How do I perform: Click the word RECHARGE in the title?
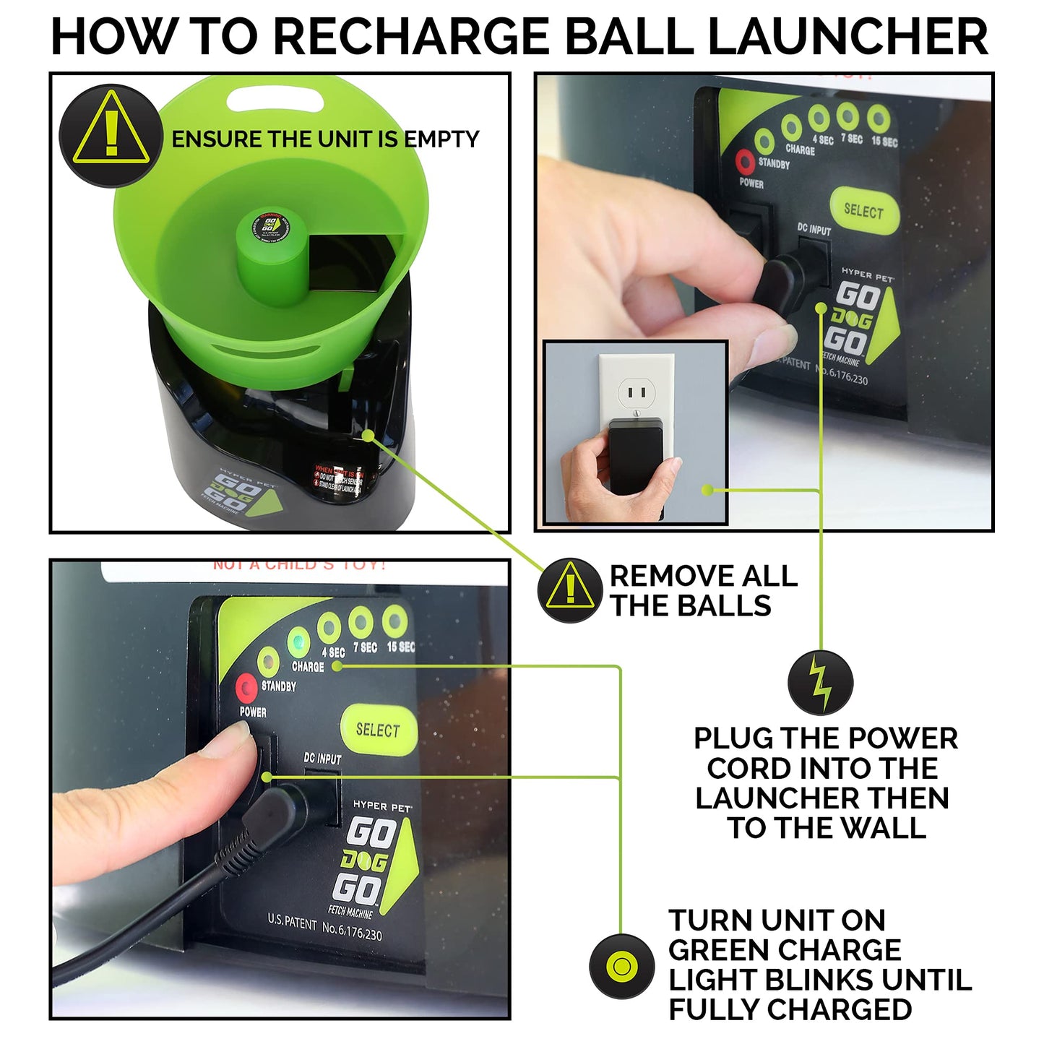(x=413, y=36)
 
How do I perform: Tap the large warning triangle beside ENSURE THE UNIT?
(x=111, y=135)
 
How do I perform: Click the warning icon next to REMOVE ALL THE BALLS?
(x=570, y=590)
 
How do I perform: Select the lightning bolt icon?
(x=821, y=682)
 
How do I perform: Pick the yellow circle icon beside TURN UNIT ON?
(x=621, y=966)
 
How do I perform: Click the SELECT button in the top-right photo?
(x=864, y=210)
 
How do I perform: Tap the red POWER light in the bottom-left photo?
(x=247, y=687)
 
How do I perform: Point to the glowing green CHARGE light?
(x=297, y=642)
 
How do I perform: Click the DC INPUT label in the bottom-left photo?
(x=322, y=758)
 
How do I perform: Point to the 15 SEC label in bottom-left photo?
(x=400, y=647)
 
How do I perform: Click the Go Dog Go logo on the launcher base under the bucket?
(x=238, y=491)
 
